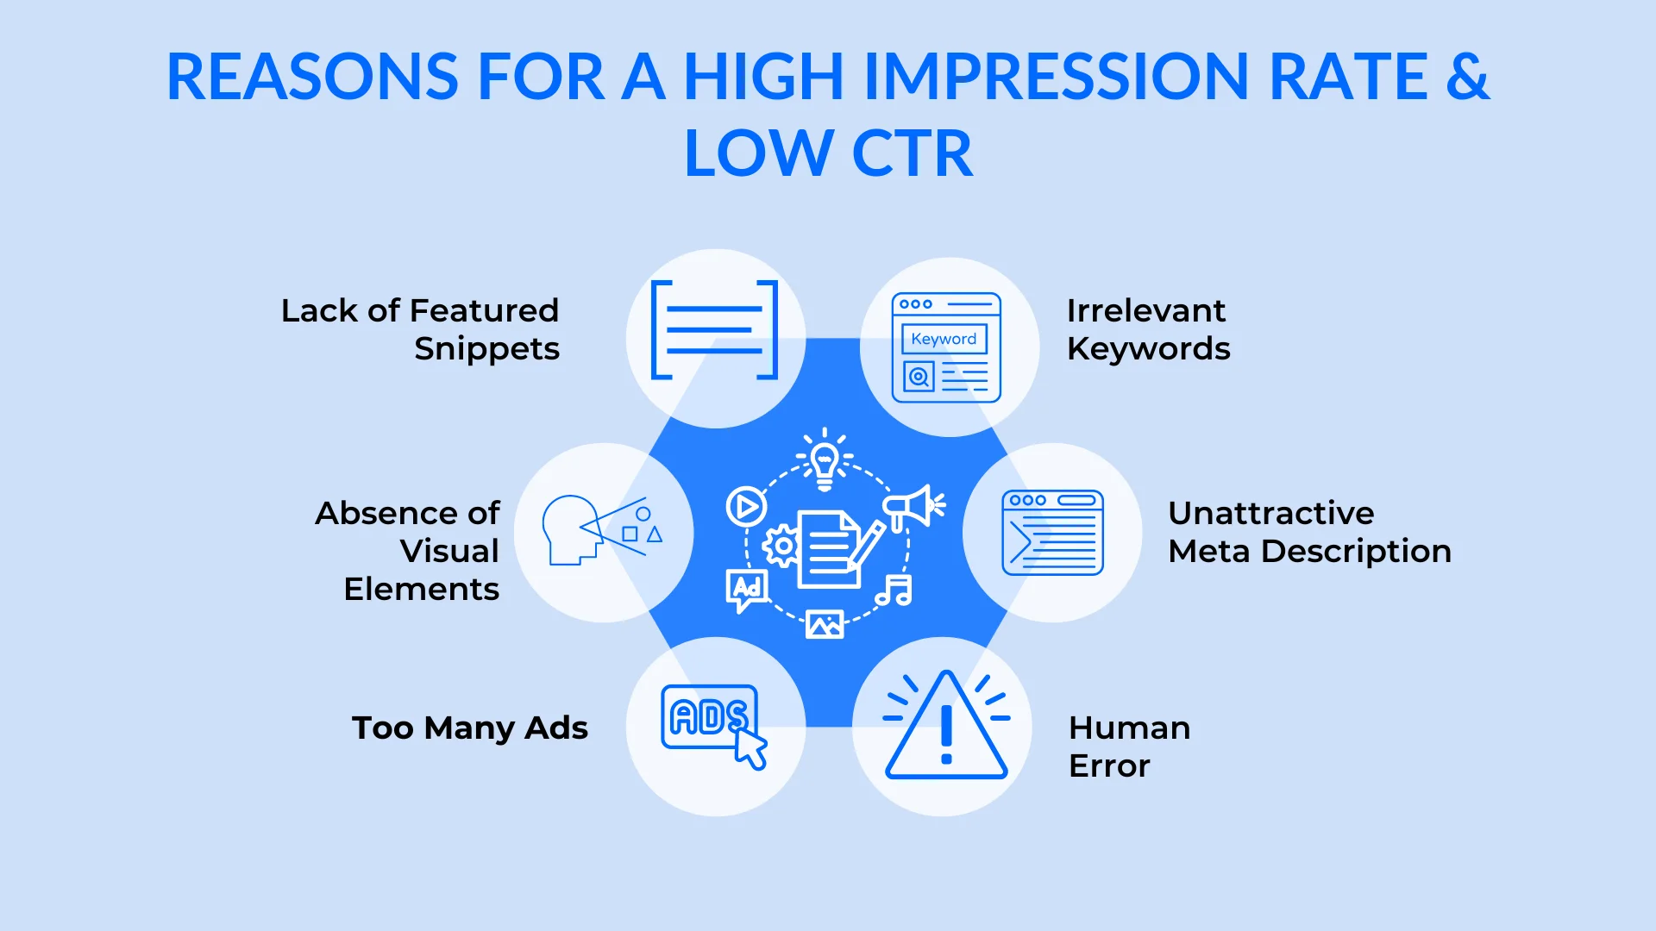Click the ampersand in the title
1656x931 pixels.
coord(1467,77)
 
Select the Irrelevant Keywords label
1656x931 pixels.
coord(1148,329)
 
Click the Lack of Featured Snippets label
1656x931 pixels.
coord(421,329)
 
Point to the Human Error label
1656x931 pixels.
coord(1129,747)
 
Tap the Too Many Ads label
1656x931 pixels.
coord(470,728)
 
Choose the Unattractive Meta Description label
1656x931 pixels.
coord(1309,532)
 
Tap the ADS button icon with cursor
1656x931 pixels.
coord(712,722)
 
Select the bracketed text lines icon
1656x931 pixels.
coord(714,330)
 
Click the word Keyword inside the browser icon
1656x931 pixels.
coord(944,339)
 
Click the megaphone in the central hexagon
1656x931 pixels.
coord(913,506)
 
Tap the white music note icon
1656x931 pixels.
coord(894,590)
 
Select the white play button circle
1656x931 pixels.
coord(746,506)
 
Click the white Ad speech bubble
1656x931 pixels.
coord(746,590)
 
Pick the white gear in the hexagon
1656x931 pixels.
coord(782,546)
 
